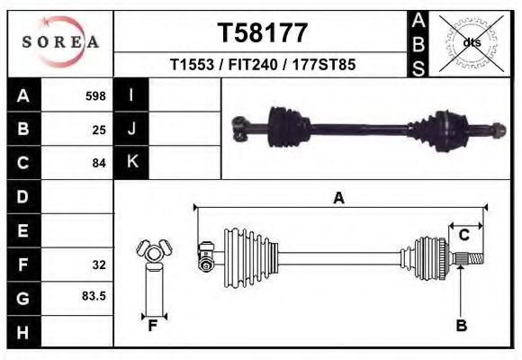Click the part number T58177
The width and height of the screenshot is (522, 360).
[263, 33]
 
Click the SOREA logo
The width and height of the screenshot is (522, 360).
[60, 42]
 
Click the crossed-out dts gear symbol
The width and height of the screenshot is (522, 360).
[470, 42]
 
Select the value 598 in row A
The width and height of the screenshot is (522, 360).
[95, 95]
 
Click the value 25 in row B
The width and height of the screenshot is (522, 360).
[99, 130]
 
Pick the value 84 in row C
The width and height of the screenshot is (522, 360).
[99, 164]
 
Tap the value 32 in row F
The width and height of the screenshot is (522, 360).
[99, 265]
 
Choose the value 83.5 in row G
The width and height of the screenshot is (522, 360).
[94, 296]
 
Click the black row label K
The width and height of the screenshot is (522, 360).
[131, 162]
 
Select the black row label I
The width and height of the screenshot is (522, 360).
[131, 94]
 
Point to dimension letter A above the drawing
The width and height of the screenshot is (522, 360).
[339, 199]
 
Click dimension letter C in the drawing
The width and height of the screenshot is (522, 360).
[464, 235]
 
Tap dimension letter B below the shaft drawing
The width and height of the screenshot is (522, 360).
[461, 326]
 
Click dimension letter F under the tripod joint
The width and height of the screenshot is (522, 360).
[153, 326]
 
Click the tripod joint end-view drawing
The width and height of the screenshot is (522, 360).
[153, 256]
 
